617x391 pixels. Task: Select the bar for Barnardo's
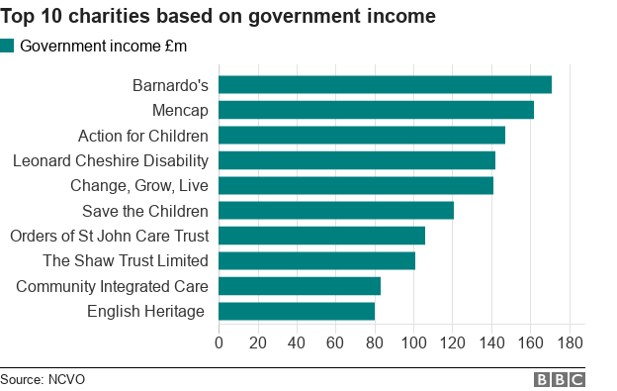click(385, 85)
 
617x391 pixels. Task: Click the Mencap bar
click(376, 110)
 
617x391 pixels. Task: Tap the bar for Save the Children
click(336, 210)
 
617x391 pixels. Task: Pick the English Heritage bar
click(297, 311)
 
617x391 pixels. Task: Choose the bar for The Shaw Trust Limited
click(316, 261)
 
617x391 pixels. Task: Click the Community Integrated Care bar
click(300, 286)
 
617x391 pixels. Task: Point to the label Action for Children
click(143, 136)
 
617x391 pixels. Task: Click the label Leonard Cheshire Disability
click(110, 160)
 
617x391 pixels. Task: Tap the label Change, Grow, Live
click(139, 185)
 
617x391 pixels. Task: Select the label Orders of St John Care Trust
click(109, 236)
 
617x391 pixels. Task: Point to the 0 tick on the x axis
click(219, 342)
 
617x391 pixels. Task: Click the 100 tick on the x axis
click(413, 342)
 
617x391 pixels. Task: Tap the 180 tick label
click(570, 342)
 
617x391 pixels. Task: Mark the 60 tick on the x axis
click(335, 342)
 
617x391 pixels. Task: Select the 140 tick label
click(491, 342)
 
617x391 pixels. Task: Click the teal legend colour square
click(8, 46)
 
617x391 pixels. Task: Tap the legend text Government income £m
click(103, 46)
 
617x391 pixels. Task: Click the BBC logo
click(559, 379)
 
